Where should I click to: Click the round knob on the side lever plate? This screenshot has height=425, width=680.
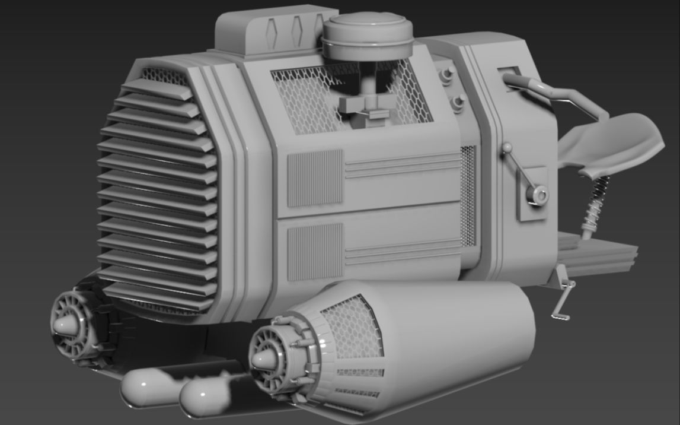(x=538, y=194)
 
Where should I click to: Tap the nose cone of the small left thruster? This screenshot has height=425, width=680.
(x=62, y=325)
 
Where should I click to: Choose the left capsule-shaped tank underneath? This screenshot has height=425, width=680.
(x=148, y=389)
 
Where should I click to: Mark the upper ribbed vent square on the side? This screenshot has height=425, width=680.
(x=315, y=178)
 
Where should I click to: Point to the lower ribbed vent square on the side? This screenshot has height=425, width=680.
(x=315, y=251)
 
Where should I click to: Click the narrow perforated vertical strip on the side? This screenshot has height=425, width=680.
(x=468, y=196)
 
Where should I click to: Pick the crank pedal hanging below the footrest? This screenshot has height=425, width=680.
(x=564, y=300)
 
